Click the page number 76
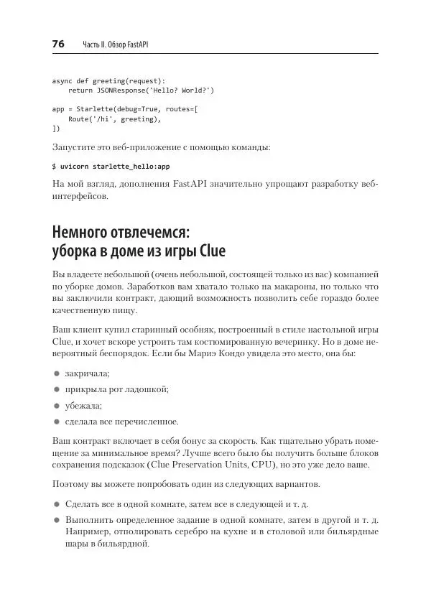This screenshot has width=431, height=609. point(58,45)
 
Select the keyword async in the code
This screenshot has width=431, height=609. point(62,81)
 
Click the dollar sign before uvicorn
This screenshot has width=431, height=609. point(55,166)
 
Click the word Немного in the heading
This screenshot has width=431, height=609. point(84,233)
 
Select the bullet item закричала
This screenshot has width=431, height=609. point(87,373)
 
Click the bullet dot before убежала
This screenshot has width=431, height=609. point(55,406)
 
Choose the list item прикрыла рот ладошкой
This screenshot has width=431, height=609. point(116,389)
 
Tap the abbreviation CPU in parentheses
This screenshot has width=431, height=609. point(285,465)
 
